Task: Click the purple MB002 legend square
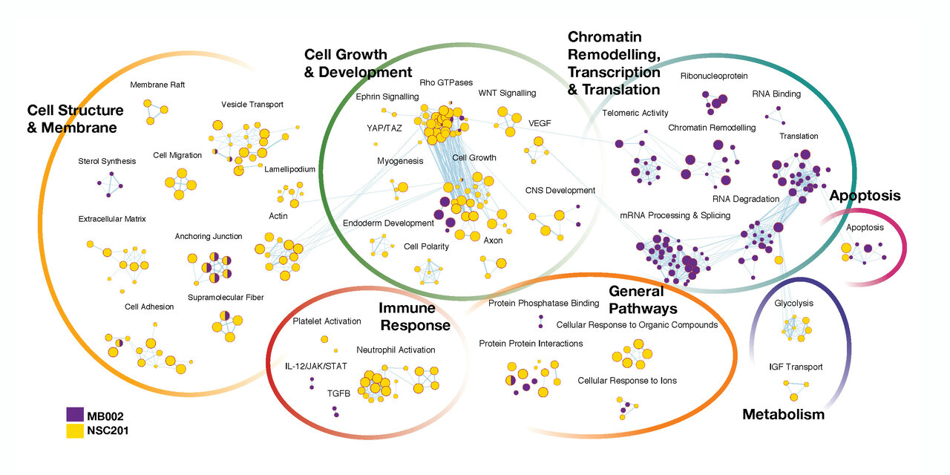coord(74,413)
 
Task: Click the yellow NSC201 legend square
coord(74,429)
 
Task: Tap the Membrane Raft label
coord(157,85)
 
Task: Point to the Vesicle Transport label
coord(252,105)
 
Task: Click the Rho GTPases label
coord(443,82)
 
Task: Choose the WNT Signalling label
coord(507,93)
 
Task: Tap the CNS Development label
coord(560,190)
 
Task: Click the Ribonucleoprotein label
coord(714,76)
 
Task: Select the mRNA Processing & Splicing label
coord(675,215)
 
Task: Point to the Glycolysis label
coord(793,304)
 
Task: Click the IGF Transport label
coord(796,367)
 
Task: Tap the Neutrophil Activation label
coord(396,350)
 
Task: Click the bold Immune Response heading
coord(415,316)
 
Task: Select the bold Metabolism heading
coord(783,414)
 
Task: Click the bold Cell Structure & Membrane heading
coord(75,119)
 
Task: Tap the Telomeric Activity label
coord(635,113)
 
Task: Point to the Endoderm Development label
coord(388,223)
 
